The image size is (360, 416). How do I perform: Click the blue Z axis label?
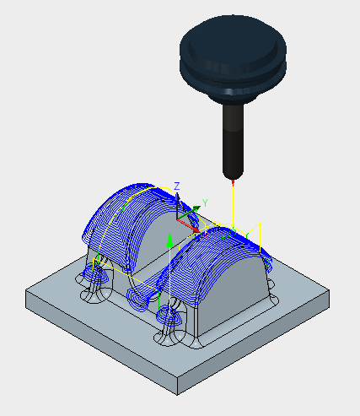click(177, 186)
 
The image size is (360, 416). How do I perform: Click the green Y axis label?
click(205, 203)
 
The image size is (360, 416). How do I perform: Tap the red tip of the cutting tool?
click(233, 182)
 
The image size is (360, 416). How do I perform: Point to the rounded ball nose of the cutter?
click(233, 175)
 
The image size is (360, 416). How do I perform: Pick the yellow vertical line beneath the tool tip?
click(233, 205)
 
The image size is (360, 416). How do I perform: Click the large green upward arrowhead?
click(169, 240)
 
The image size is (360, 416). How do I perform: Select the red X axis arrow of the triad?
click(189, 226)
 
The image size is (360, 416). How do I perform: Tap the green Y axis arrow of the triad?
click(189, 213)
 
